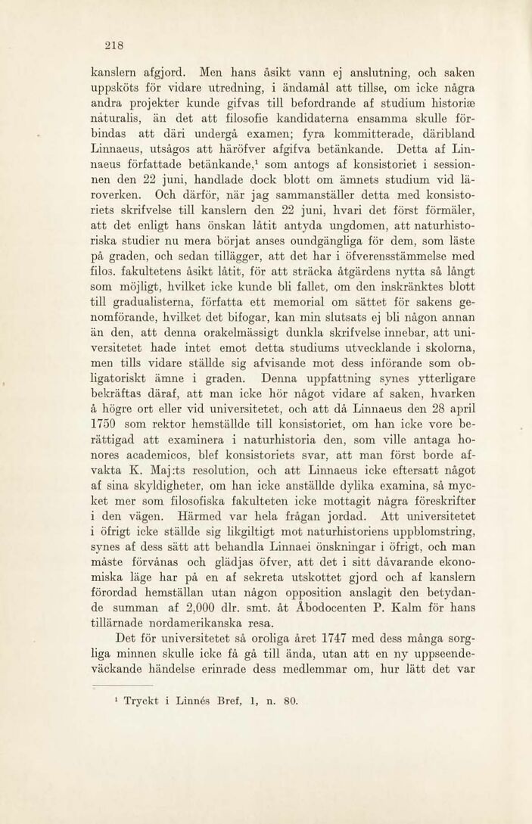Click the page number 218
(x=114, y=45)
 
